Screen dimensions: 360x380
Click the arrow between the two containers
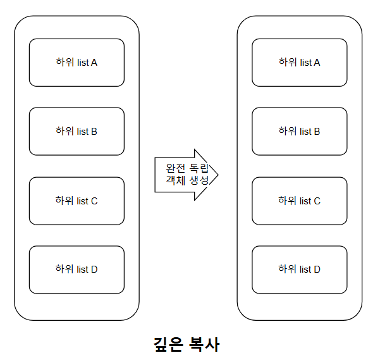tap(187, 175)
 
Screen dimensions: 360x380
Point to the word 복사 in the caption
tap(204, 345)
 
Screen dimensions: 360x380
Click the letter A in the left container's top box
tap(94, 63)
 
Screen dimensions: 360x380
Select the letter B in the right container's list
tap(317, 132)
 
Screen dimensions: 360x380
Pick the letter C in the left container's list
tap(94, 201)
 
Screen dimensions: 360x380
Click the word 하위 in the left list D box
tap(64, 270)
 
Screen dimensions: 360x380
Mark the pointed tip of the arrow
tap(217, 175)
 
